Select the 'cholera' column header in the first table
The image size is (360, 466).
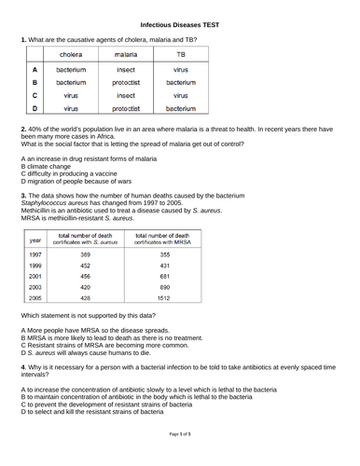[x=72, y=55]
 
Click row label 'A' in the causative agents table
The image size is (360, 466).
[x=35, y=70]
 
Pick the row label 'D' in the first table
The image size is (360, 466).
[x=35, y=108]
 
